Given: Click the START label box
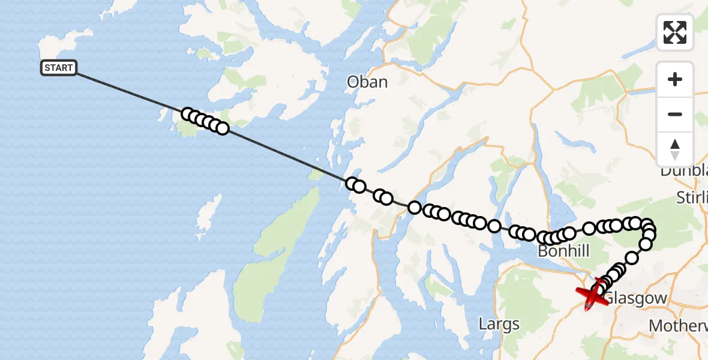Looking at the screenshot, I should pyautogui.click(x=59, y=68).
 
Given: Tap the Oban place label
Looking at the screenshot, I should pyautogui.click(x=367, y=82).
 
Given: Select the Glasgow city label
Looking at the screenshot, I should pyautogui.click(x=635, y=298).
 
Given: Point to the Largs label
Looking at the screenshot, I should pyautogui.click(x=499, y=325).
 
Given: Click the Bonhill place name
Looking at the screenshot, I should pyautogui.click(x=563, y=251).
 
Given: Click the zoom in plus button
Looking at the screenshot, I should pyautogui.click(x=675, y=79).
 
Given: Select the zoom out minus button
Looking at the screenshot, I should pyautogui.click(x=675, y=114).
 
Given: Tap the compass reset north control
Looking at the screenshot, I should pyautogui.click(x=675, y=149).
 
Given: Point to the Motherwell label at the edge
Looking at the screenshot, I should pyautogui.click(x=678, y=325).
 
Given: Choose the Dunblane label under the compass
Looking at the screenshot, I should pyautogui.click(x=684, y=171).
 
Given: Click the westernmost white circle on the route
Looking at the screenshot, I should pyautogui.click(x=187, y=114).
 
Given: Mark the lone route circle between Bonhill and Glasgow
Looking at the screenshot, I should pyautogui.click(x=632, y=258).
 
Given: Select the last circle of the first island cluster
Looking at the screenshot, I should pyautogui.click(x=223, y=128).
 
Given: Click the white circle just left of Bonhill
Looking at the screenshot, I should pyautogui.click(x=544, y=238).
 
